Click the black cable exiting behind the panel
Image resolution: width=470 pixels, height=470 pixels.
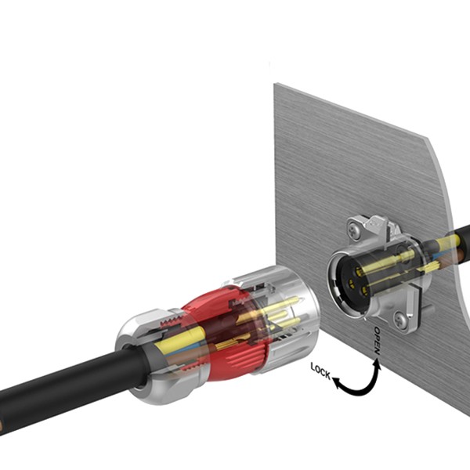[461, 235]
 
